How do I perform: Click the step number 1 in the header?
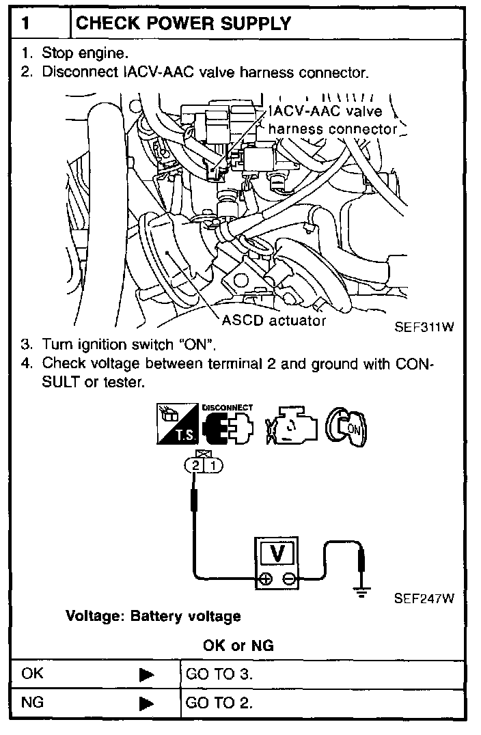coord(25,23)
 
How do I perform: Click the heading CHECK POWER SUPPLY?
coord(184,23)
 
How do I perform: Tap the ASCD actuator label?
coord(274,320)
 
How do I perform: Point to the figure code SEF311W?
coord(424,327)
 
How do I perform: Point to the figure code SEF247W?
coord(424,599)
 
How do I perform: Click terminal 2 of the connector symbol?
coord(195,465)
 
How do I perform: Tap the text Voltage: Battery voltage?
coord(153,616)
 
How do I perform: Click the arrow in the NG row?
coord(146,703)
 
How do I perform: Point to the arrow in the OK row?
coord(146,674)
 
